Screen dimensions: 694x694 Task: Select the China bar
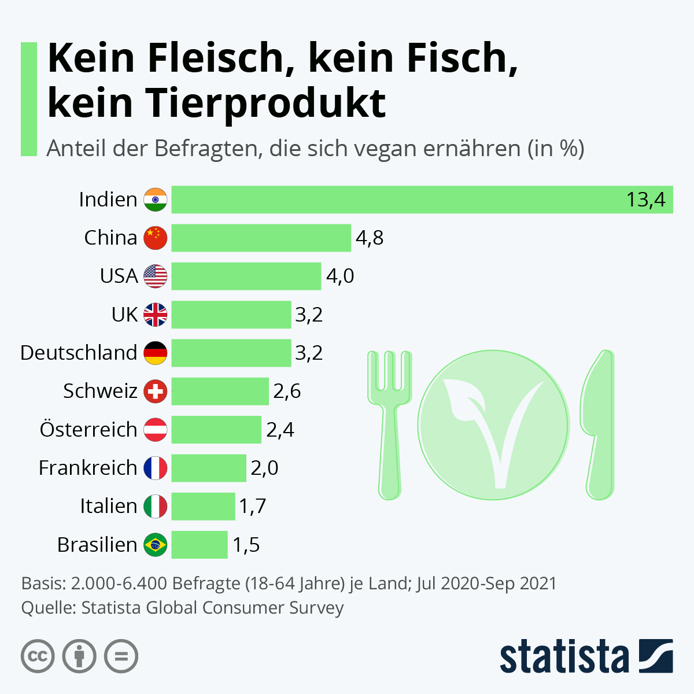click(261, 238)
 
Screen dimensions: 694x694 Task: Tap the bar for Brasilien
click(200, 544)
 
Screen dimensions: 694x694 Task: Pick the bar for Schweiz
click(220, 391)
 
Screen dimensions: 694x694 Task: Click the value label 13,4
click(645, 200)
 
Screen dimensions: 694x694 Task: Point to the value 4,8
click(370, 238)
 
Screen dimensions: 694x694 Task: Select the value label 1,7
click(253, 506)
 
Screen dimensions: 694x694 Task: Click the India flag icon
click(156, 200)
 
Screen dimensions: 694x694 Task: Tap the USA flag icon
click(156, 276)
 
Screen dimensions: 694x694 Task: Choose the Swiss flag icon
click(156, 391)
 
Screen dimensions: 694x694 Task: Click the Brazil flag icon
click(156, 544)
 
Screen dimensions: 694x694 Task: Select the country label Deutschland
click(79, 353)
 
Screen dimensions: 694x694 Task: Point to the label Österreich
click(88, 430)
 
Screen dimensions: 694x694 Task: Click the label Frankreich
click(88, 468)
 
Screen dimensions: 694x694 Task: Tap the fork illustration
click(390, 422)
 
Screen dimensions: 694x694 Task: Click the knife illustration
click(599, 422)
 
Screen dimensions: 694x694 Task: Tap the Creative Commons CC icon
click(38, 656)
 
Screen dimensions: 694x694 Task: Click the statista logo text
click(564, 657)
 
